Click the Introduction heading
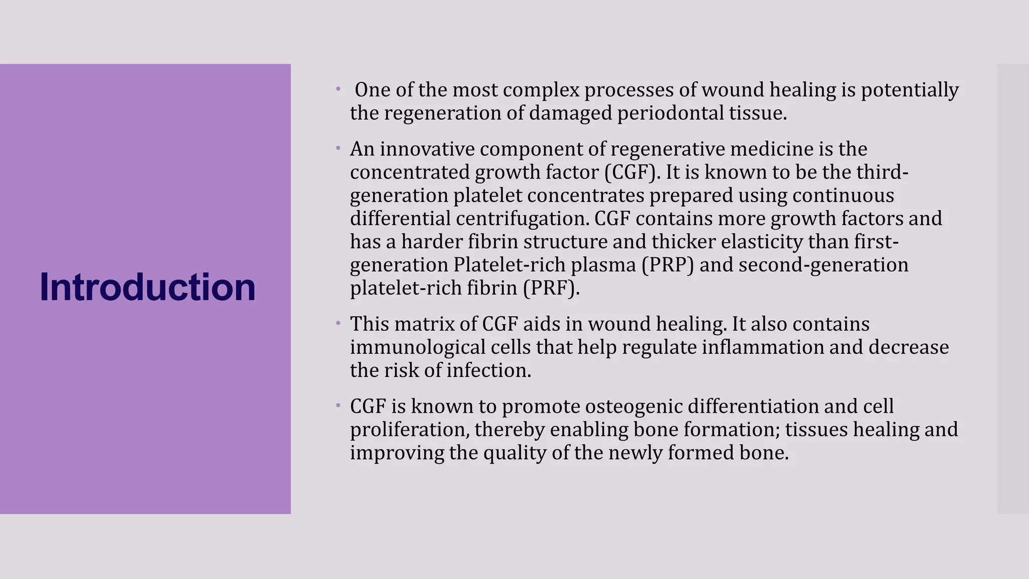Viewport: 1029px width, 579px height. [147, 287]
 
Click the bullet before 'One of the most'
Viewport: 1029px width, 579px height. [339, 90]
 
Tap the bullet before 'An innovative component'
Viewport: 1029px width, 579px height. [339, 148]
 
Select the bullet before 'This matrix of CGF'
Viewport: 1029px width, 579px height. [339, 323]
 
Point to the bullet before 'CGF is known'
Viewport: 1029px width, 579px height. [339, 405]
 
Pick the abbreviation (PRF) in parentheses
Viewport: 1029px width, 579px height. [551, 288]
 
